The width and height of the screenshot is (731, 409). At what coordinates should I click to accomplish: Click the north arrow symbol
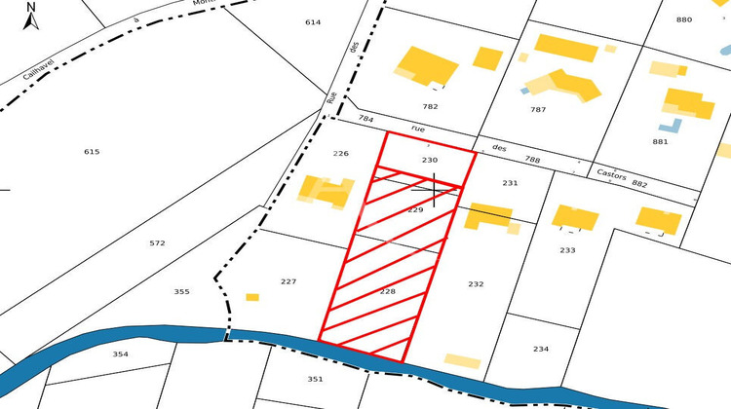point(31,16)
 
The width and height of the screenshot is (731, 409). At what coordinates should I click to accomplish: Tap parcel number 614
point(313,22)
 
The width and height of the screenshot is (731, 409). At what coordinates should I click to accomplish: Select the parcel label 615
point(92,152)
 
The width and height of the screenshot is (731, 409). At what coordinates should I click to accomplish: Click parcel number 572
point(157,242)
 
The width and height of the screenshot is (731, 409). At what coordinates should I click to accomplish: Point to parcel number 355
point(181,292)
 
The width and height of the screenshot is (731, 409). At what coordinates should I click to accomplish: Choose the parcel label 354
point(120,353)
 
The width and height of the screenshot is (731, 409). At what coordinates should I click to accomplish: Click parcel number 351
point(315,379)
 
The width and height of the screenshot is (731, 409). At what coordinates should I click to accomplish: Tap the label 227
point(288,281)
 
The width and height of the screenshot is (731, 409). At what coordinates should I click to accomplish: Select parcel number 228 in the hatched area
point(388,291)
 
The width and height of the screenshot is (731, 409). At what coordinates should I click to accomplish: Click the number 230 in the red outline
point(430,159)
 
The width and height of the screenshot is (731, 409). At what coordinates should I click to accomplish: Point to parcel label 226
point(340,154)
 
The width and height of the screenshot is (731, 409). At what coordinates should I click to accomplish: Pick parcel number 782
point(430,106)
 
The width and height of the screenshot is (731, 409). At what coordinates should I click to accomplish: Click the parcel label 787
point(537,110)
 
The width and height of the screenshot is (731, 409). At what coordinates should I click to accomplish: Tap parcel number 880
point(683,19)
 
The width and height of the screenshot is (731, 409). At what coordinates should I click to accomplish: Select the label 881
point(660,141)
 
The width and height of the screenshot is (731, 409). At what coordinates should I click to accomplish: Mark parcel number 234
point(541,349)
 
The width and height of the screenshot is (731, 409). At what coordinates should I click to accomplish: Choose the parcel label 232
point(476,284)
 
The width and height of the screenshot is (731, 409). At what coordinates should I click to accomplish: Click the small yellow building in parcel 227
point(252,297)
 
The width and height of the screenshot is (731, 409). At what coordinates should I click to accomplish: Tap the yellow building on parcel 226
point(327,191)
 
